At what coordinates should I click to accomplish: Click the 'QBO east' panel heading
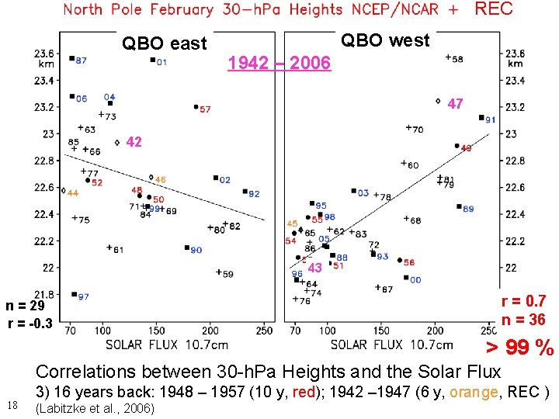[165, 43]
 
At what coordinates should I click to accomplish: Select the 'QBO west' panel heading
[385, 40]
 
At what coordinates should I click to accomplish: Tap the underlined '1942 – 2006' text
[279, 62]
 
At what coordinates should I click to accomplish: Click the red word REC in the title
[494, 9]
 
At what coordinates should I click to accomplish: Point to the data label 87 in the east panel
[82, 61]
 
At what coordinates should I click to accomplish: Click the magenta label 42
[134, 142]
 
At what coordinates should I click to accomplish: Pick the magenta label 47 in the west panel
[456, 104]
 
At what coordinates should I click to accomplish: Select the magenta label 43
[314, 268]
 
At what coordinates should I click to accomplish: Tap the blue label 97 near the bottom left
[83, 296]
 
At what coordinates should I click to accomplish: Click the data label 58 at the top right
[458, 59]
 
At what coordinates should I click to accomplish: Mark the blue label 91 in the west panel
[491, 120]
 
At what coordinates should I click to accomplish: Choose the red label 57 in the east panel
[205, 109]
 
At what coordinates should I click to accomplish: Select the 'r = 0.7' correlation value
[523, 301]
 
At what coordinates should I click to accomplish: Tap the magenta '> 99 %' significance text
[519, 348]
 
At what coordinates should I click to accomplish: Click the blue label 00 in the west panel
[415, 280]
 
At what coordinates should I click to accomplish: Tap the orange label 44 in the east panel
[73, 192]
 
